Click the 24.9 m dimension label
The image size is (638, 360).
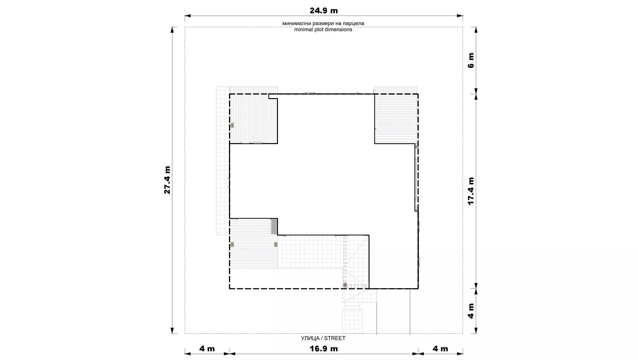[x=324, y=11]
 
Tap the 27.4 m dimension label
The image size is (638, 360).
[x=167, y=180]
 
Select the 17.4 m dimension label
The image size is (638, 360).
[x=471, y=191]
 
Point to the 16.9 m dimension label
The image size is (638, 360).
[x=324, y=349]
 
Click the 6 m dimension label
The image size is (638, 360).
[x=471, y=60]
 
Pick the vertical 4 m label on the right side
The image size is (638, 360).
[x=471, y=311]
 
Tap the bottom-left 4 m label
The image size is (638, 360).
[x=207, y=349]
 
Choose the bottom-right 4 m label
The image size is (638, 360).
[x=440, y=349]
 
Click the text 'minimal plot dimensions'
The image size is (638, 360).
[x=323, y=30]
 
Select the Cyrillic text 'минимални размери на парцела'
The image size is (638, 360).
[x=323, y=23]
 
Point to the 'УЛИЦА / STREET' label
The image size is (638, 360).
[x=323, y=338]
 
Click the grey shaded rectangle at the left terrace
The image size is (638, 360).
[x=274, y=226]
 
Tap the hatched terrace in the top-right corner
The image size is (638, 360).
[x=396, y=118]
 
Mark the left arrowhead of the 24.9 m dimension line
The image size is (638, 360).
[x=187, y=17]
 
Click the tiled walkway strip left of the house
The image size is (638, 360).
[x=223, y=161]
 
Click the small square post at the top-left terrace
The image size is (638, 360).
[x=232, y=125]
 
